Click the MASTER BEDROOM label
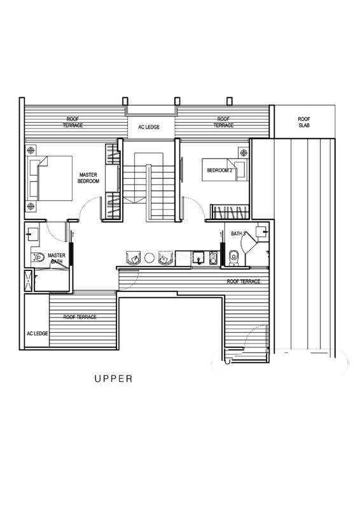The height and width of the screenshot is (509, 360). [x=88, y=178]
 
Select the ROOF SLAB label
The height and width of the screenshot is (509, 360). [x=304, y=122]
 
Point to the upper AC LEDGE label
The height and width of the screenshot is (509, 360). [x=149, y=127]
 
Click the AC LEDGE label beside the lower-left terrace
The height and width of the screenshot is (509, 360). [x=38, y=333]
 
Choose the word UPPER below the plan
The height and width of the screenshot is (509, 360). [x=113, y=379]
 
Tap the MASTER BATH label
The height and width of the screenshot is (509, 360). [x=57, y=258]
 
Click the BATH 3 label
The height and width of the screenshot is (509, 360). [x=239, y=234]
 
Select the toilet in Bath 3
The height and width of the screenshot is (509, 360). [x=233, y=258]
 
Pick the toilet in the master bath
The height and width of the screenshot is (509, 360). [x=38, y=257]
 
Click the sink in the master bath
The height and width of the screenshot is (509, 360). [x=32, y=234]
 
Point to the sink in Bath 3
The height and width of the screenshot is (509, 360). [x=261, y=232]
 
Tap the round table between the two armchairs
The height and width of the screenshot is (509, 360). [x=149, y=258]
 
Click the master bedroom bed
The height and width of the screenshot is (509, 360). [x=50, y=178]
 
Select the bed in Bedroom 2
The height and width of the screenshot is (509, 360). [x=224, y=169]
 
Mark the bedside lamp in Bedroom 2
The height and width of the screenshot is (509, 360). [x=244, y=152]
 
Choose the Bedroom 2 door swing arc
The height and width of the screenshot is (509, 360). [x=196, y=205]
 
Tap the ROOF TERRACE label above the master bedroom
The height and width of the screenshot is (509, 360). [x=73, y=122]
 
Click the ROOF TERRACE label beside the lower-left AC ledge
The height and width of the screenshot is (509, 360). [x=80, y=317]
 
